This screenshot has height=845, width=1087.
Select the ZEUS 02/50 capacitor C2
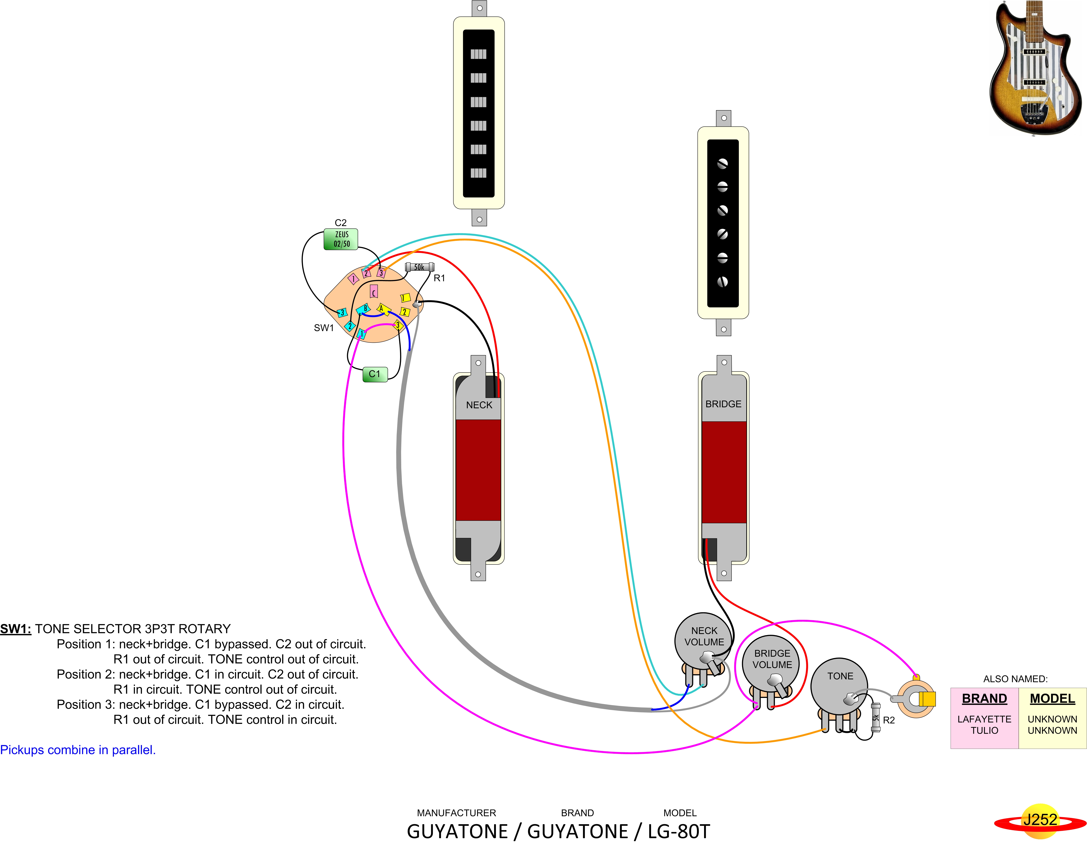[341, 239]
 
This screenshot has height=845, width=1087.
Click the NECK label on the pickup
[479, 405]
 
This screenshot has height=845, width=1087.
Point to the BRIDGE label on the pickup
[723, 404]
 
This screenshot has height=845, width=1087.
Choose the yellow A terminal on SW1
[382, 309]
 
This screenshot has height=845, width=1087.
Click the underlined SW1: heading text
[15, 629]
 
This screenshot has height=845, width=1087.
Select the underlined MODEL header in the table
[1052, 699]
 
